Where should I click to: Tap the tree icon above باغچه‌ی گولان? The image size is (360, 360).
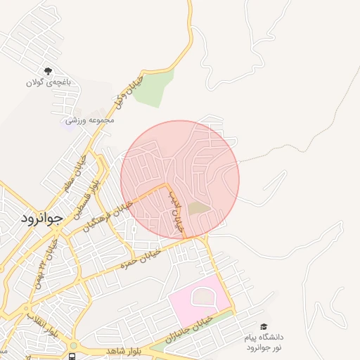pyautogui.click(x=48, y=71)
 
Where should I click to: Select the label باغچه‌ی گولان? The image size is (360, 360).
pyautogui.click(x=49, y=82)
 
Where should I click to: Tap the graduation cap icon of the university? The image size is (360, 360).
pyautogui.click(x=264, y=326)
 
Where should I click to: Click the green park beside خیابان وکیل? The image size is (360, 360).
pyautogui.click(x=154, y=90)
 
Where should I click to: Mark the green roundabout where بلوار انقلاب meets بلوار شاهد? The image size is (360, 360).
pyautogui.click(x=73, y=345)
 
